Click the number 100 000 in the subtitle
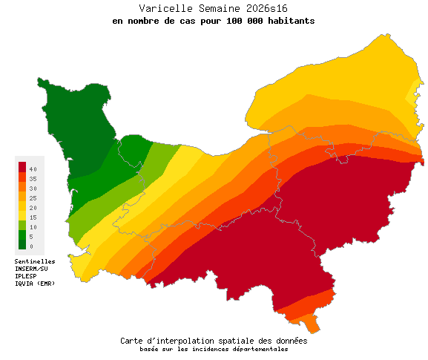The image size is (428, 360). tap(239, 21)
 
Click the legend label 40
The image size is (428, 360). tap(33, 170)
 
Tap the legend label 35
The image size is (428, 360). tap(33, 180)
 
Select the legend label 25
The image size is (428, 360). tap(33, 198)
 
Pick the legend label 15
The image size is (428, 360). tap(33, 217)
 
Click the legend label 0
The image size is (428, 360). tap(32, 246)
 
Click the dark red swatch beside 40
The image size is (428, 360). tap(22, 166)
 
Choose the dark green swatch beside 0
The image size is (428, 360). tap(22, 244)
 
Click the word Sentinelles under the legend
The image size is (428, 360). tap(35, 261)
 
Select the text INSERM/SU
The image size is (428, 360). tap(31, 269)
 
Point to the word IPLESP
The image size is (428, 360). tap(26, 276)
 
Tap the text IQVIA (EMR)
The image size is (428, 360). tap(35, 284)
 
